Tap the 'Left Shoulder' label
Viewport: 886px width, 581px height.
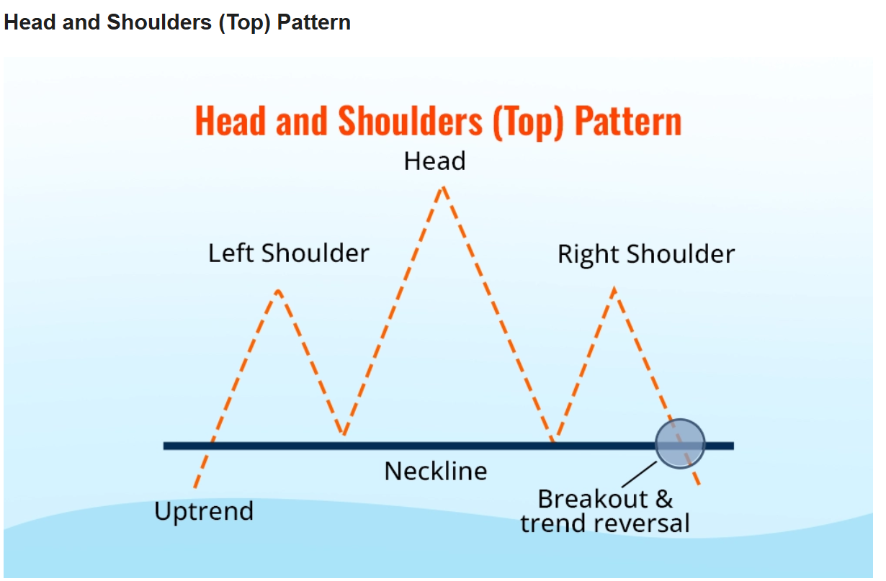coord(288,253)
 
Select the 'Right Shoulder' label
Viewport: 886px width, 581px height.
coord(646,254)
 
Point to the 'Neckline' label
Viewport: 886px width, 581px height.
coord(436,471)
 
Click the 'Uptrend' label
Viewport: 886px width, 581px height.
coord(204,511)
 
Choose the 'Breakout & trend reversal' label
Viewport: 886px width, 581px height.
coord(605,511)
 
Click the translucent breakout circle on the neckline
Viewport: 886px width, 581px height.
coord(680,444)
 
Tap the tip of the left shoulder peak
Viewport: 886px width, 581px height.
coord(279,292)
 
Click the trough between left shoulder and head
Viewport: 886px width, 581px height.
coord(344,434)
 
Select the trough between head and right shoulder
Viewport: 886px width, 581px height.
coord(553,439)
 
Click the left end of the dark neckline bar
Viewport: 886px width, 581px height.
coord(164,446)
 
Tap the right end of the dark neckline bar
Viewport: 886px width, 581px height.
coord(733,446)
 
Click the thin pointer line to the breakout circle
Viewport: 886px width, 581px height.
coord(639,474)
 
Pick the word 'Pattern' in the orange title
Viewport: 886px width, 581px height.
coord(628,122)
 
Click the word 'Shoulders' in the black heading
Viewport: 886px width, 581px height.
coord(159,22)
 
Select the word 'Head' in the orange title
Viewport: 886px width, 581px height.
coord(231,122)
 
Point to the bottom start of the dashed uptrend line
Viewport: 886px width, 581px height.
coord(195,487)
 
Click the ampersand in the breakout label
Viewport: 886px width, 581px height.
coord(664,499)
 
